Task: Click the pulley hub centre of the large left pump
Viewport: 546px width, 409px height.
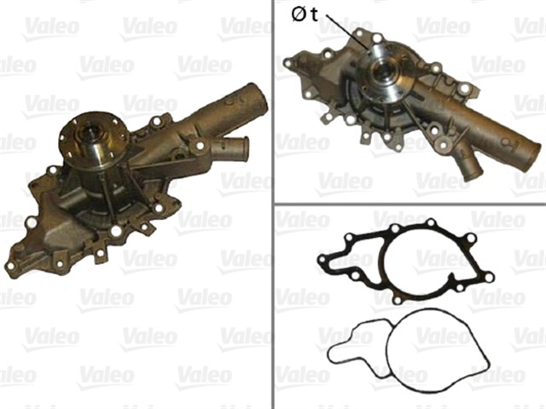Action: pos(90,135)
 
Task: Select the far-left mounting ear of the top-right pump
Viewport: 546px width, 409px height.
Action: pos(292,62)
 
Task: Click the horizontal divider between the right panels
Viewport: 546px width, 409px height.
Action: pos(409,204)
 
